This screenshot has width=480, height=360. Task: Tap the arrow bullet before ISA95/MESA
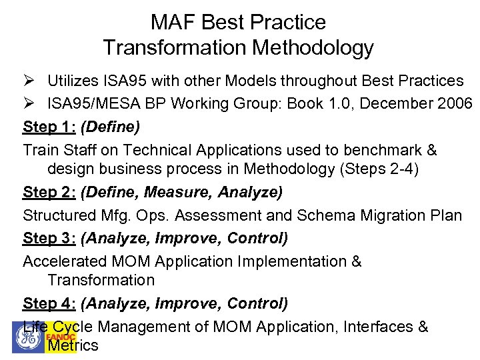click(29, 103)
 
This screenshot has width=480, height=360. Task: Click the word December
click(392, 103)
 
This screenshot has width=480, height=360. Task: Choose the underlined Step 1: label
click(49, 126)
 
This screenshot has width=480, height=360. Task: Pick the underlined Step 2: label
click(49, 193)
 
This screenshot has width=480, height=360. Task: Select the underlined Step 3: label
click(49, 238)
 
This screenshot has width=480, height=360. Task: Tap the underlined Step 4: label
click(49, 303)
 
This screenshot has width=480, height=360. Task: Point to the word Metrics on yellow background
click(73, 345)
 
